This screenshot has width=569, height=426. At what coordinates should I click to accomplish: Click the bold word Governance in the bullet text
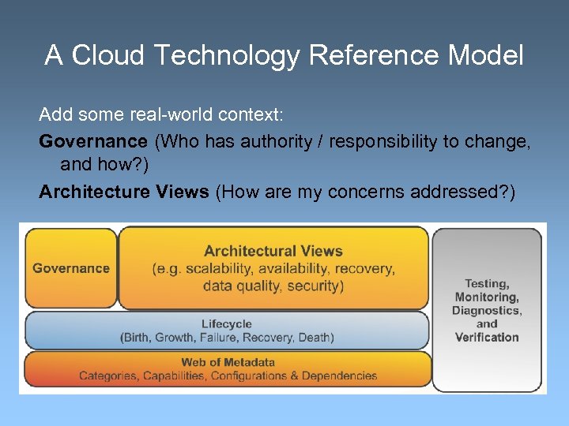point(93,141)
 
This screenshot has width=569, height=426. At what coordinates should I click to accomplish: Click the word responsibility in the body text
point(392,141)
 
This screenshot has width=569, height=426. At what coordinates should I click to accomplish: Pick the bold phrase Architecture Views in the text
point(124,192)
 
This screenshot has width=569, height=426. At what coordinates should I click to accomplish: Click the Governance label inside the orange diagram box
point(71,268)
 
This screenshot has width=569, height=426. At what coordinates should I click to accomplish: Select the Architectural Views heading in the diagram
point(273,251)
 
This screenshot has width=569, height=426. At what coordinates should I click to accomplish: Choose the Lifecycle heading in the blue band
point(227,323)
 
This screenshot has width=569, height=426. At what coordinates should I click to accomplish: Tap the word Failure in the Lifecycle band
point(220,338)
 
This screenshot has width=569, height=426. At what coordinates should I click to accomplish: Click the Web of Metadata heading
point(228,362)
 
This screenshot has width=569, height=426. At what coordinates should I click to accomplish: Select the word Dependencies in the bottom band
point(339,376)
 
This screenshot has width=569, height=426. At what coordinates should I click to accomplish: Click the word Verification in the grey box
point(487,337)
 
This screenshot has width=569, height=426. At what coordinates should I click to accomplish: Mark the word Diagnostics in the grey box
point(487,310)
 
